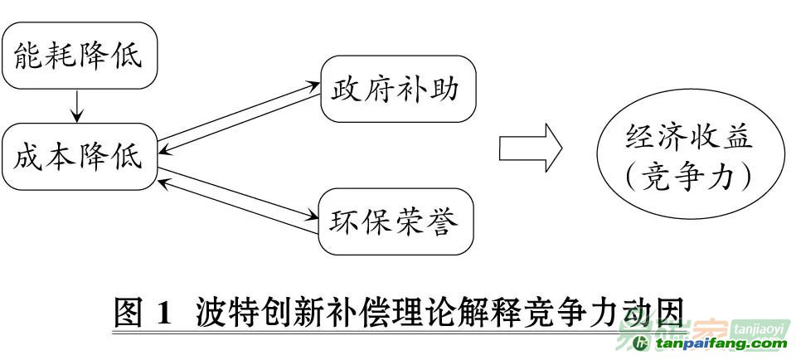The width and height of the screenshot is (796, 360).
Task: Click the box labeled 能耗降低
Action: [80, 56]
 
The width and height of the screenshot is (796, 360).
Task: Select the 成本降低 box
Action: [80, 157]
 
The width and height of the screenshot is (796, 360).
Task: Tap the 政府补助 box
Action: [399, 89]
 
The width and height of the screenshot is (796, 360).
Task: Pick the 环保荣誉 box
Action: [396, 221]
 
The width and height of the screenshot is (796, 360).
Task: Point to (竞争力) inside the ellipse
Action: [689, 178]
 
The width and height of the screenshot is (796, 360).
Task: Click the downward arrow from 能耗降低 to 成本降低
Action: [76, 106]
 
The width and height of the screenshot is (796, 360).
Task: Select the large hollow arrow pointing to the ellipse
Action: [531, 148]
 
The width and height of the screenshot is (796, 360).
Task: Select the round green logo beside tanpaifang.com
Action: [642, 343]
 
